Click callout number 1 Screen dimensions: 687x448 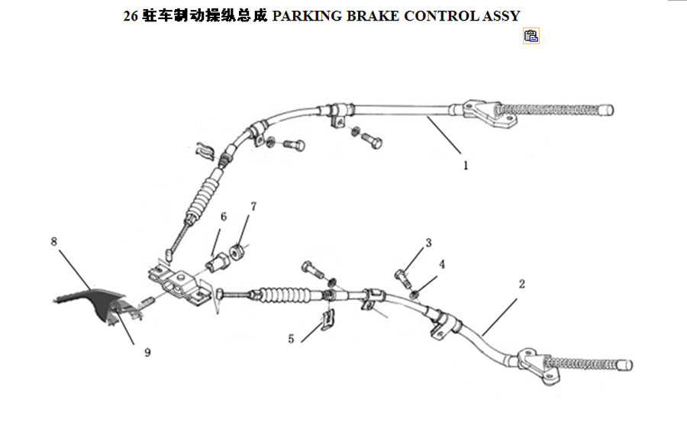pos(466,166)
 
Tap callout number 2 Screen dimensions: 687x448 pos(521,284)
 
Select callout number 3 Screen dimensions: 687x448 pos(428,243)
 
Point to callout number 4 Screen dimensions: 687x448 pos(442,264)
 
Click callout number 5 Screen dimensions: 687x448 pos(291,339)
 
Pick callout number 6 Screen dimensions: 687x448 pos(224,217)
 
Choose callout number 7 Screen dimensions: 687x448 pos(253,206)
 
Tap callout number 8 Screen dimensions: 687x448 pos(54,241)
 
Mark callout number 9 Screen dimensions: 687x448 pos(147,352)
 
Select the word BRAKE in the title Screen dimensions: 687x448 pos(373,16)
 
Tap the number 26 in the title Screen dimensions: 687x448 pos(131,16)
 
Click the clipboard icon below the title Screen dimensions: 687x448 pos(531,36)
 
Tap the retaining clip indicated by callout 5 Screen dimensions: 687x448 pos(327,319)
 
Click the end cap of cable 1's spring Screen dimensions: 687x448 pos(606,109)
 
